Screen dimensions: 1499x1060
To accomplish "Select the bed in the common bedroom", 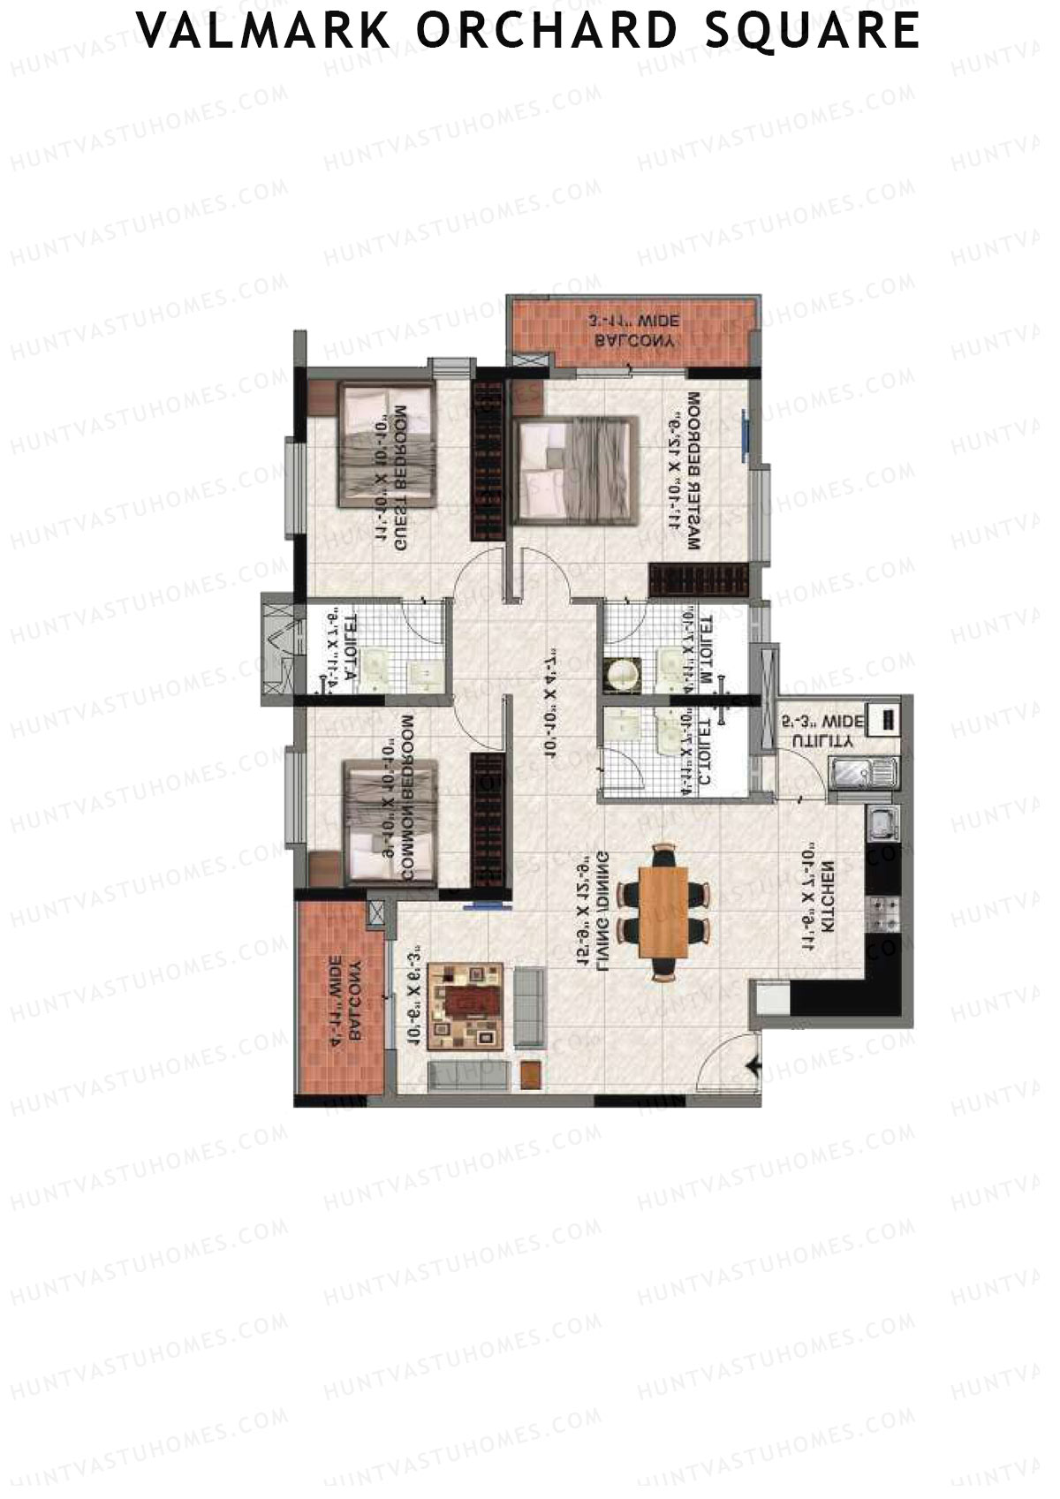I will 390,821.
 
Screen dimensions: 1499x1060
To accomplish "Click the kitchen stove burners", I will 883,913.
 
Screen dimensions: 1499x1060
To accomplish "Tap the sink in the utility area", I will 851,773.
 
